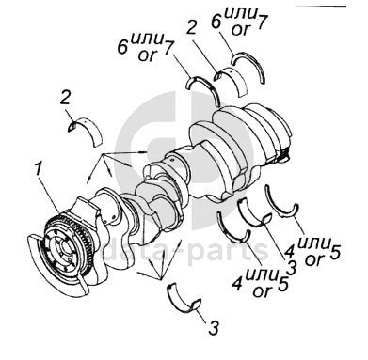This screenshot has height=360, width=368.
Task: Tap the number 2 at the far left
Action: (x=66, y=101)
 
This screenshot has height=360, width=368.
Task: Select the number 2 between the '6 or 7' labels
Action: (x=191, y=27)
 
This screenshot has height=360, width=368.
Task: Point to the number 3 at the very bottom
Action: (x=214, y=328)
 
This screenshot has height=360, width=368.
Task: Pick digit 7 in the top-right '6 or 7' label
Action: (x=262, y=22)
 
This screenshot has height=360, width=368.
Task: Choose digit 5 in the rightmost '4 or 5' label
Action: (x=335, y=253)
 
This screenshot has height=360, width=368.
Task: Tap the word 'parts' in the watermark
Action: (x=229, y=251)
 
